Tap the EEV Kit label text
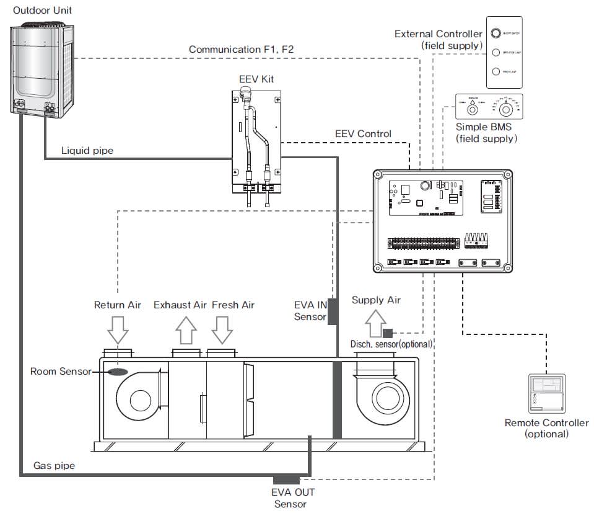tap(256, 79)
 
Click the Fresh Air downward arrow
tap(221, 329)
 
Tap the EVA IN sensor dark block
tap(332, 311)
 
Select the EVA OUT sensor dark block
tap(287, 480)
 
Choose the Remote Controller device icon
tap(546, 393)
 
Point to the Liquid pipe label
tap(87, 151)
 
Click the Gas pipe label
tap(54, 465)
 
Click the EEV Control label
tap(363, 133)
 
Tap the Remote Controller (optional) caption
tap(546, 429)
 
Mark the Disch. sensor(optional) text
tap(391, 344)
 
